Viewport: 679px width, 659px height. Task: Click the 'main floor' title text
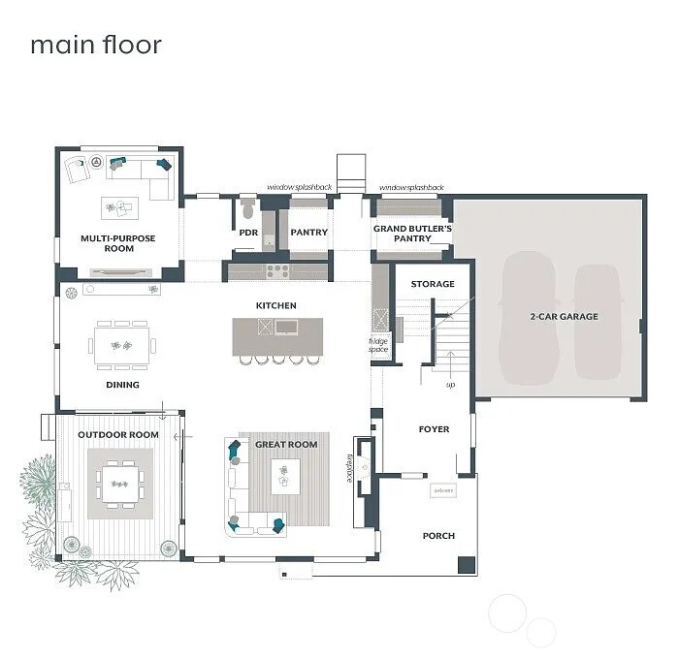pyautogui.click(x=95, y=45)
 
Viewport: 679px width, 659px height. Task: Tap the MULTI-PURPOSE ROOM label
pyautogui.click(x=118, y=243)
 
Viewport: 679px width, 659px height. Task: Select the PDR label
pyautogui.click(x=248, y=233)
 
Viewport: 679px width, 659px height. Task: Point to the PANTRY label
pyautogui.click(x=309, y=233)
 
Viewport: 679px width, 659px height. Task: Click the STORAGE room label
pyautogui.click(x=433, y=284)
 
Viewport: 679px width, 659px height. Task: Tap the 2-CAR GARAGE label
pyautogui.click(x=564, y=316)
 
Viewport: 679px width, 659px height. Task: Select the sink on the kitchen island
pyautogui.click(x=288, y=328)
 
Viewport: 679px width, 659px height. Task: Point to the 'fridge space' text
pyautogui.click(x=377, y=345)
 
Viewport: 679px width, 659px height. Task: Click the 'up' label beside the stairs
pyautogui.click(x=449, y=385)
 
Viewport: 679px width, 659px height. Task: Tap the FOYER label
pyautogui.click(x=434, y=428)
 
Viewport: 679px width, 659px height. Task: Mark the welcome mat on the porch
pyautogui.click(x=443, y=491)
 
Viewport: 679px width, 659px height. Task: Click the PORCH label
pyautogui.click(x=438, y=536)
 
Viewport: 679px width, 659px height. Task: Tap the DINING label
pyautogui.click(x=122, y=385)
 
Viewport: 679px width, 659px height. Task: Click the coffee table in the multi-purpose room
pyautogui.click(x=120, y=207)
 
